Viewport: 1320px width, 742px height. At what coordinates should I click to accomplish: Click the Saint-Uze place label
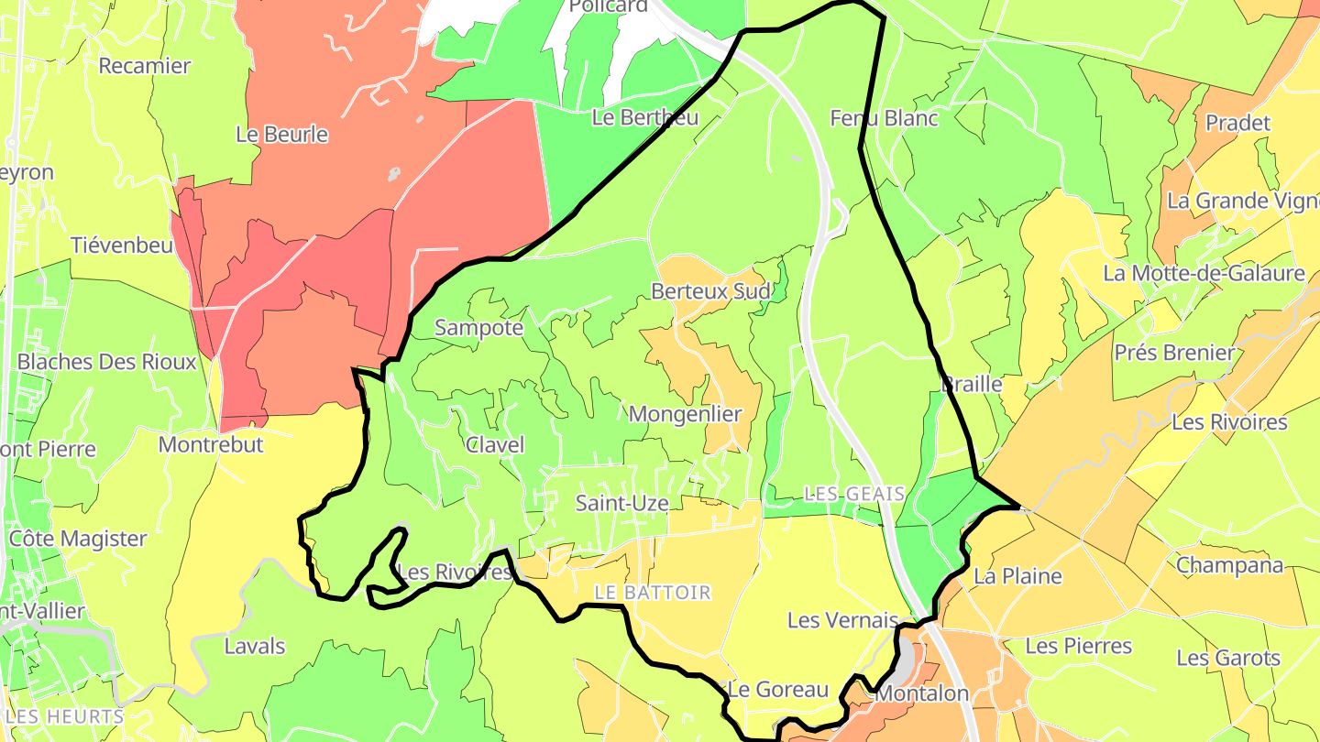pos(621,503)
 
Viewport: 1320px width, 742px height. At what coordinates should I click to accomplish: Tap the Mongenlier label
pos(685,414)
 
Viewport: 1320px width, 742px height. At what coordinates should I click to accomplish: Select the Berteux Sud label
pos(710,291)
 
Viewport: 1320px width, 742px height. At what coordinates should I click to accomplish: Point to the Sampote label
pos(478,328)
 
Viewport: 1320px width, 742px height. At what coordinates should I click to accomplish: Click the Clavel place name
pos(495,445)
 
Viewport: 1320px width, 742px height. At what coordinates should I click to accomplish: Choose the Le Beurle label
pos(281,135)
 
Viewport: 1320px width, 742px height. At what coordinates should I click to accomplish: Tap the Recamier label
pos(144,66)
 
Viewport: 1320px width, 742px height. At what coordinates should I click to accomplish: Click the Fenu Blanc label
pos(884,118)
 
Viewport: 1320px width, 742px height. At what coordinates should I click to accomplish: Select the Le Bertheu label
pos(645,117)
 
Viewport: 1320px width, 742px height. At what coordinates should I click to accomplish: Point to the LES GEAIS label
pos(854,494)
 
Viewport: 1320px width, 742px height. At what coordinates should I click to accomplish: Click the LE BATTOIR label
pos(653,593)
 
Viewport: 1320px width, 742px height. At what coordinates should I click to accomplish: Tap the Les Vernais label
pos(842,620)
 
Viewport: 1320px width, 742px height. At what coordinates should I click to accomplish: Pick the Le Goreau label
pos(777,690)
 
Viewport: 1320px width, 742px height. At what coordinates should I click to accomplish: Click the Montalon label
pos(921,693)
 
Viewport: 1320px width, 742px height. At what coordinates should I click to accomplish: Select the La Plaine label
pos(1017,576)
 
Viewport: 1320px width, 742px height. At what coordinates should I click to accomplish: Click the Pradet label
pos(1237,123)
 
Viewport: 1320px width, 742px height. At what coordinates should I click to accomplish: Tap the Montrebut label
pos(211,445)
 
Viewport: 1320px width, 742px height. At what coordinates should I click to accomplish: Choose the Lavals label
pos(255,647)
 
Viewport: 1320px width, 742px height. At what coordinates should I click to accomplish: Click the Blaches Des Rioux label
pos(107,362)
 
